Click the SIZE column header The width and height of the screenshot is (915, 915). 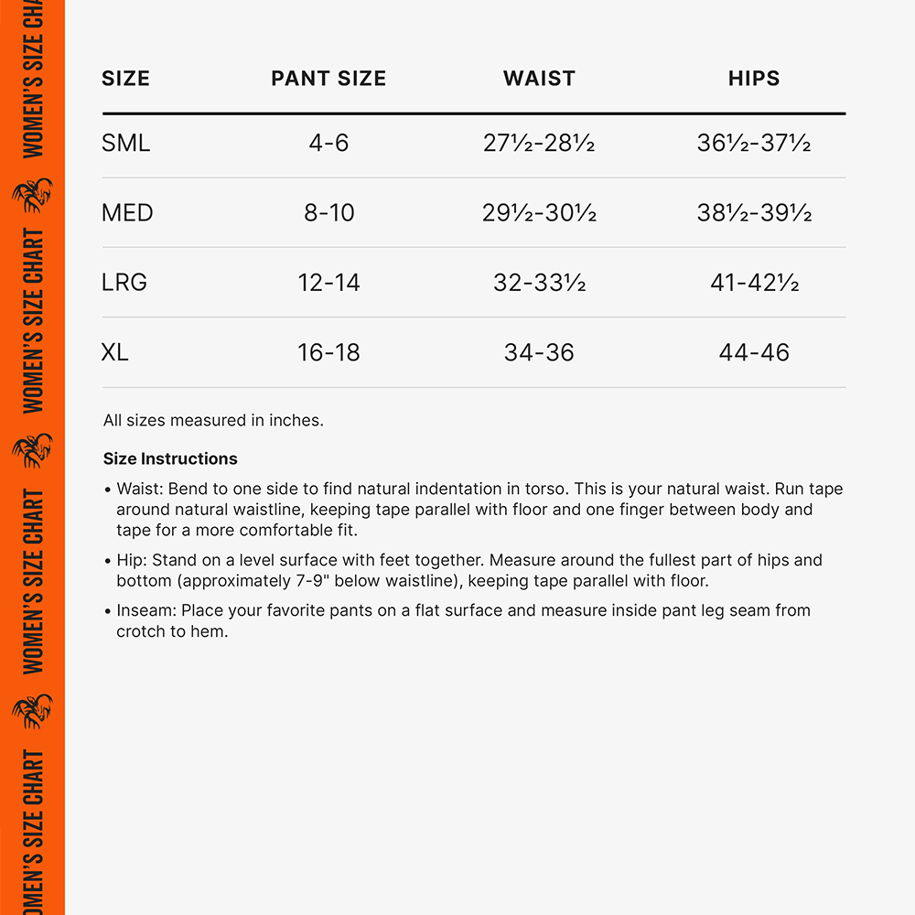point(125,79)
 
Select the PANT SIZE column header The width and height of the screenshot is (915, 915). point(328,79)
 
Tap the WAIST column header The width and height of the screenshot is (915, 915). point(539,79)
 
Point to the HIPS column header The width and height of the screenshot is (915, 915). point(754,79)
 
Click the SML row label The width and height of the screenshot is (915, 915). point(125,144)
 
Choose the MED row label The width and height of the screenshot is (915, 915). point(127,213)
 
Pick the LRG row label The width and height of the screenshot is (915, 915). point(124,283)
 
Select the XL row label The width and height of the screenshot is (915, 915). point(114,352)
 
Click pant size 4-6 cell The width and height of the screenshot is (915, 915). point(328,144)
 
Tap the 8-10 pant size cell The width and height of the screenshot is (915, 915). point(328,213)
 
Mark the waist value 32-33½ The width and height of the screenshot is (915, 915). point(539,283)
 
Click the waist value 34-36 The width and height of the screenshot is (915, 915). point(539,352)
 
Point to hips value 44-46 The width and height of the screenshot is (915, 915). point(754,352)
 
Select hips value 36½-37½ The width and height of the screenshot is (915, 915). point(754,144)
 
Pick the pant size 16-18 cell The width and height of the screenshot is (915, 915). point(328,352)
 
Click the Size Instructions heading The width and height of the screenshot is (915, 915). point(170,459)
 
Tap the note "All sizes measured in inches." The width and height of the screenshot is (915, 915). point(213,421)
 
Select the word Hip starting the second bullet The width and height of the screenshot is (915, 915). point(130,560)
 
